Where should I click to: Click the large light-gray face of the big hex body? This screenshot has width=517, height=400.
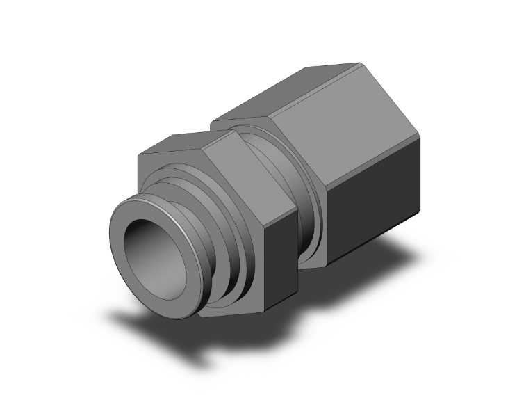(347, 118)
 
